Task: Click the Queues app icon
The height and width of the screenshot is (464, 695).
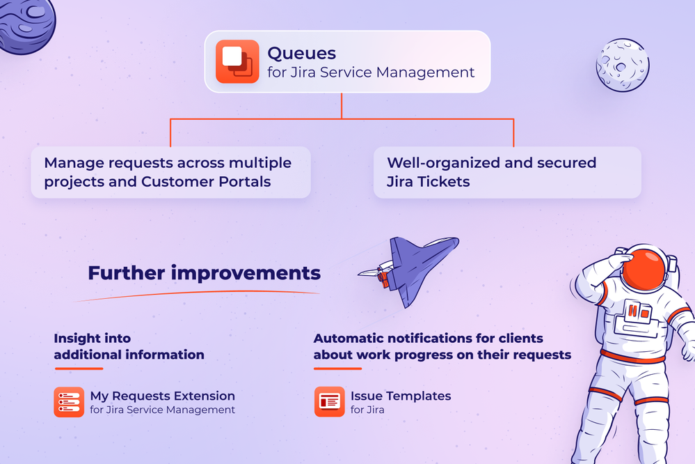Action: coord(237,61)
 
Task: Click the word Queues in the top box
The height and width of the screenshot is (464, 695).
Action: coord(301,53)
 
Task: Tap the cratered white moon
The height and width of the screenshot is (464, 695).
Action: coord(623,65)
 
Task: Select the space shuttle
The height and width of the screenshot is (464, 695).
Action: coord(408,270)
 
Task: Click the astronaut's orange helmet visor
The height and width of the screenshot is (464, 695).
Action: coord(644,269)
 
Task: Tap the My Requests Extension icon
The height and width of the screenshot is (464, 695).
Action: coord(69,402)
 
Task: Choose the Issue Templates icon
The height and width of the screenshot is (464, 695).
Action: coord(329,402)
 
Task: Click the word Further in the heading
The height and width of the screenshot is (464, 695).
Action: coord(127,272)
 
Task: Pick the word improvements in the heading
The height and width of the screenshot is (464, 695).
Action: coord(246,274)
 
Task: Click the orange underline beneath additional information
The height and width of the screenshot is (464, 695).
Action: coord(79,369)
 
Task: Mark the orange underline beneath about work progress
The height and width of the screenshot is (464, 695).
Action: coord(337,369)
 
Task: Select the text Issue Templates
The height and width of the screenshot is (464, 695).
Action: coord(401,396)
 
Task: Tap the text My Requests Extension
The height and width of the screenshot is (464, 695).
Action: coord(162,396)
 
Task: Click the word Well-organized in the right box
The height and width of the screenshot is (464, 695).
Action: coord(444,163)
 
